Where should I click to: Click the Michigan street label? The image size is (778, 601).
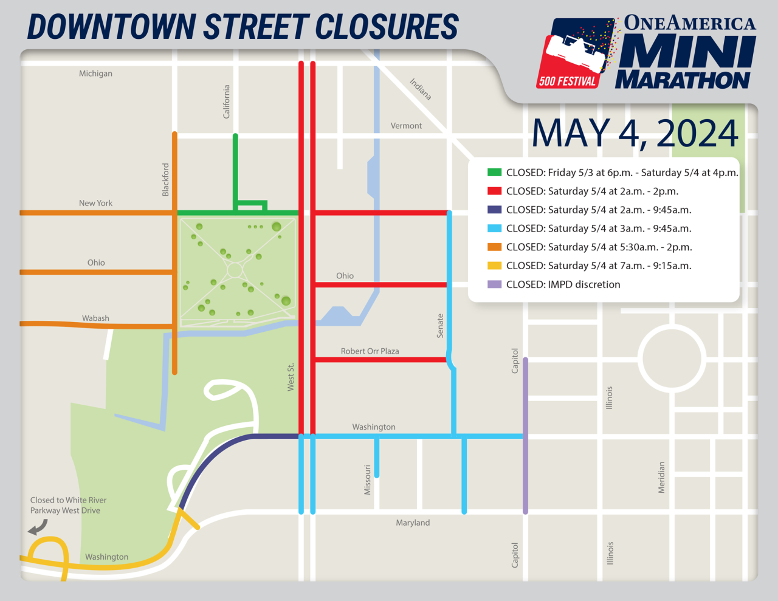(95, 74)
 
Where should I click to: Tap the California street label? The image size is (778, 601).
(227, 101)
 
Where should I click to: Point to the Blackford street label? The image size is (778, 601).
(165, 179)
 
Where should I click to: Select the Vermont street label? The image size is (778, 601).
(406, 126)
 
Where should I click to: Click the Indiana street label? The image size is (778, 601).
(421, 89)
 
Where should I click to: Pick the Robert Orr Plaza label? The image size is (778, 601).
(370, 351)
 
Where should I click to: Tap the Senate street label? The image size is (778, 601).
(440, 326)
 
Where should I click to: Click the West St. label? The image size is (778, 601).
(291, 377)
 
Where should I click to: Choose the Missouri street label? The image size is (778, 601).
(367, 479)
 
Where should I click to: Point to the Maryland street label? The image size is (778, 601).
(413, 523)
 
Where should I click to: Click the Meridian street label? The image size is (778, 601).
(661, 478)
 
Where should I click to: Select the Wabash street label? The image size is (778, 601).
(95, 318)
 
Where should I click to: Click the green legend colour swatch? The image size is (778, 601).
(494, 173)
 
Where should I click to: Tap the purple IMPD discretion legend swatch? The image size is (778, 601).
(494, 284)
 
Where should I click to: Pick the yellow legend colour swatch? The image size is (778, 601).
(494, 266)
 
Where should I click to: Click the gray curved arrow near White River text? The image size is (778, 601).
(38, 527)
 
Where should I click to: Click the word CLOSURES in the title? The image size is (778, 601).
(387, 27)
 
